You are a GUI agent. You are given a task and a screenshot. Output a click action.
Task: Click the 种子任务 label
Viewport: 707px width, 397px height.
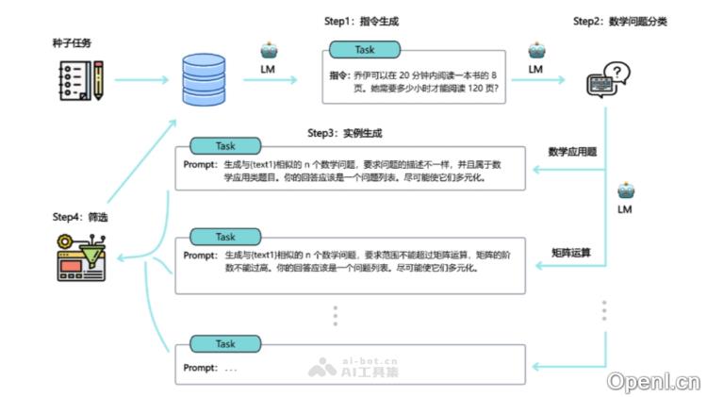click(x=72, y=44)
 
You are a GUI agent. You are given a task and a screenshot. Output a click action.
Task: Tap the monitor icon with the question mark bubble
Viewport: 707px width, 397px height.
click(x=608, y=82)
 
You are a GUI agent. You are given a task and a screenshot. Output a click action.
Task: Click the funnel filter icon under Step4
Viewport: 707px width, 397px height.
click(x=80, y=257)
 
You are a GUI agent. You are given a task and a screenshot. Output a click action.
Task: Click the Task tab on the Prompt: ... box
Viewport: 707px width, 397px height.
click(x=225, y=344)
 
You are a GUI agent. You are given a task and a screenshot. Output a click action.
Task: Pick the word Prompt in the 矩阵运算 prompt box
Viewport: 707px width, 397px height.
click(x=200, y=255)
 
